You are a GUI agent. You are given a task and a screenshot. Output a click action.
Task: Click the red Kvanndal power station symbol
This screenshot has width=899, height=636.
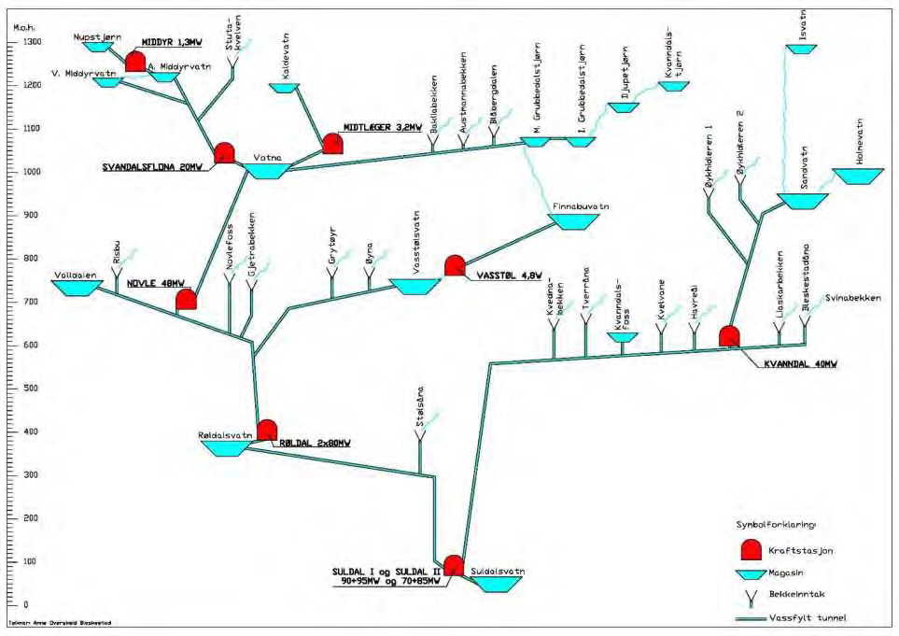click(x=729, y=336)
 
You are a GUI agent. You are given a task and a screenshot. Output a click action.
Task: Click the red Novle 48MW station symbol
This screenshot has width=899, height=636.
click(x=187, y=300)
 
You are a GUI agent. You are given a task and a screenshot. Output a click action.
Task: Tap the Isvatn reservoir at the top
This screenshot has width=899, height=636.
click(x=801, y=49)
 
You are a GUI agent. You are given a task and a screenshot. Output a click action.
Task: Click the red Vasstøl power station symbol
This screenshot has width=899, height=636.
click(x=455, y=265)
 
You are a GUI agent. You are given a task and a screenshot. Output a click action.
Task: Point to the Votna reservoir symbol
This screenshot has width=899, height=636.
click(x=270, y=172)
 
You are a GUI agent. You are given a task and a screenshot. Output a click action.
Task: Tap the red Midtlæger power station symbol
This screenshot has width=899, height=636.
click(x=331, y=144)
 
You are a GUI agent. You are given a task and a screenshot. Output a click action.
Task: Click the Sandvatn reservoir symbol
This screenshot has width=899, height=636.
click(x=803, y=201)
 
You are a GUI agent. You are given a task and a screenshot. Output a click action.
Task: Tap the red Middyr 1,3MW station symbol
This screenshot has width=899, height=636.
click(x=136, y=62)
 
